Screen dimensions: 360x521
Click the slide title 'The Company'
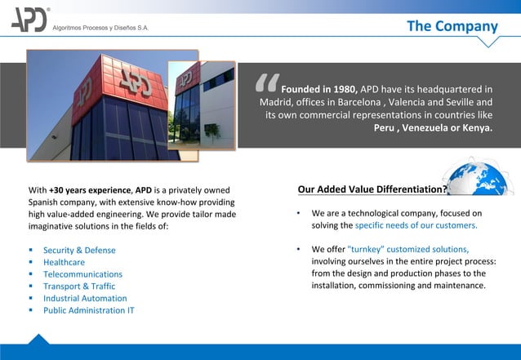pyautogui.click(x=452, y=26)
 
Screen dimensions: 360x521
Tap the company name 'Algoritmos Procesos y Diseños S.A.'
pyautogui.click(x=101, y=27)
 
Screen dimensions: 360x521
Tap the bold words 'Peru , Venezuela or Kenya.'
pyautogui.click(x=433, y=128)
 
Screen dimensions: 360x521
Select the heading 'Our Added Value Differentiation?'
pyautogui.click(x=372, y=191)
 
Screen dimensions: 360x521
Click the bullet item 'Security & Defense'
pyautogui.click(x=79, y=250)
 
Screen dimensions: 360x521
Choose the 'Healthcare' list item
pyautogui.click(x=64, y=262)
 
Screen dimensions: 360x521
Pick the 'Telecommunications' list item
pyautogui.click(x=82, y=274)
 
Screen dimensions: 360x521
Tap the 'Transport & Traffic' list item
pyautogui.click(x=79, y=287)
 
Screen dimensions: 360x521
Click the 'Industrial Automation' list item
pyautogui.click(x=84, y=298)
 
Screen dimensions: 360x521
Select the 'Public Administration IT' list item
pyautogui.click(x=89, y=310)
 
